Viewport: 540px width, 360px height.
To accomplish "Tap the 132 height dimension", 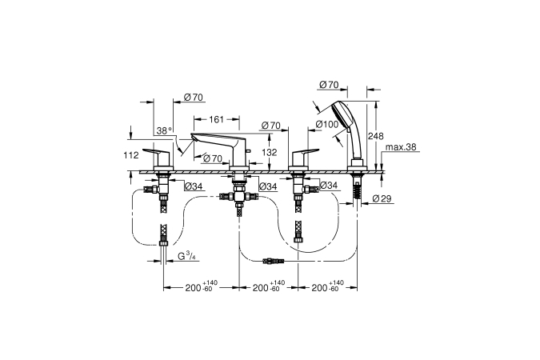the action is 270,152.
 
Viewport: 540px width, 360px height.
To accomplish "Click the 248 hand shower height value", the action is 375,136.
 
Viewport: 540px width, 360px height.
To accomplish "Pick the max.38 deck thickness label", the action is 400,147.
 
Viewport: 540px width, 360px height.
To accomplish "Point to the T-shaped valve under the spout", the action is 238,195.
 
